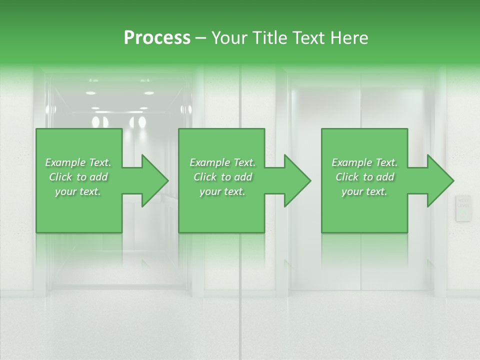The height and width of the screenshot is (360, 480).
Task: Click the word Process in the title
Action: coord(157,38)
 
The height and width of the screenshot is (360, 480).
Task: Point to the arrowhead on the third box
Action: coord(439,180)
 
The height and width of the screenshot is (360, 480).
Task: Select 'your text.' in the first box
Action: coord(78,191)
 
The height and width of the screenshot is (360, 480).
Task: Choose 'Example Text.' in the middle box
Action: coord(222,162)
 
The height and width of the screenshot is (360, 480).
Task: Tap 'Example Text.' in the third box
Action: coord(364,162)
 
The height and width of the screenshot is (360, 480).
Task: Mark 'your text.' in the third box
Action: coord(364,191)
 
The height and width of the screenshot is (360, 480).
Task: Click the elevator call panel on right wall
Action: coord(463,208)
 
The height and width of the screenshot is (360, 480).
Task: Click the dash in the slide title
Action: coord(201,38)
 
